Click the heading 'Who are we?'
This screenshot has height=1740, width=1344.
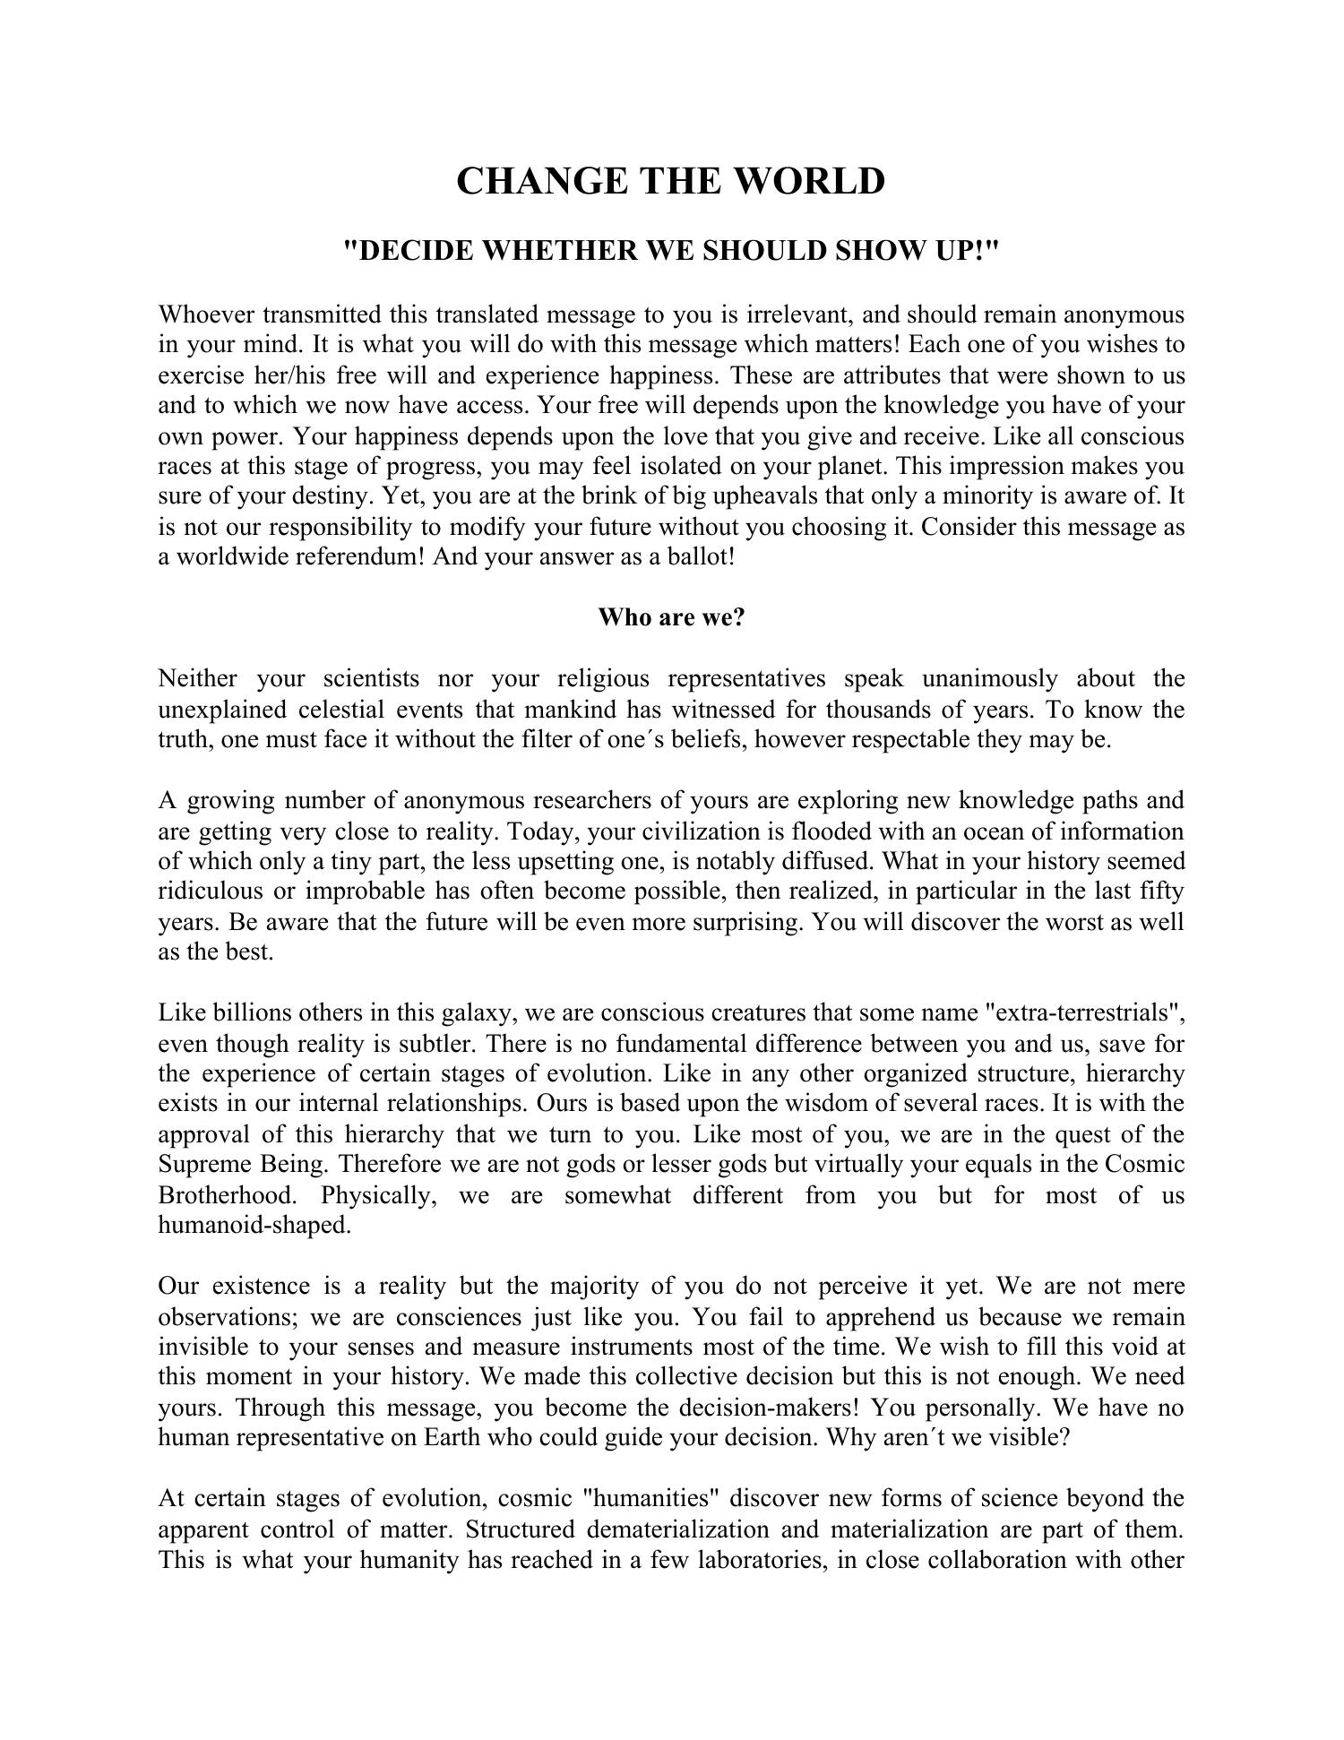tap(671, 617)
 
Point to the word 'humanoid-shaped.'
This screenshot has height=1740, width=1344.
tap(254, 1226)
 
